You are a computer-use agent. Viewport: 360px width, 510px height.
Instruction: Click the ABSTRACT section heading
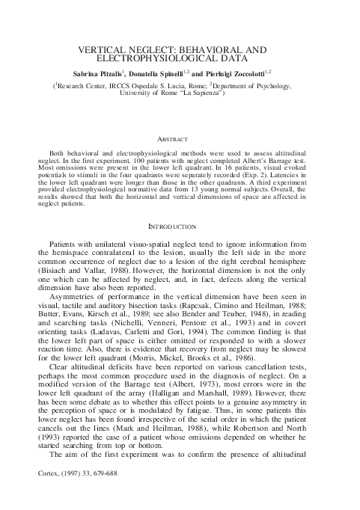click(180, 139)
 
